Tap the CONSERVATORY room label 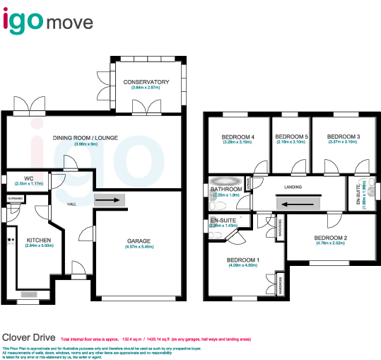146,82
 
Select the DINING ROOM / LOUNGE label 85,139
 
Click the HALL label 71,204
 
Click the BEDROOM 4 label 238,137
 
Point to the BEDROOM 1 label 242,260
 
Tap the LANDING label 293,187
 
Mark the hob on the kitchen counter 11,240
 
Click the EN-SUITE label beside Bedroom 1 223,221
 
